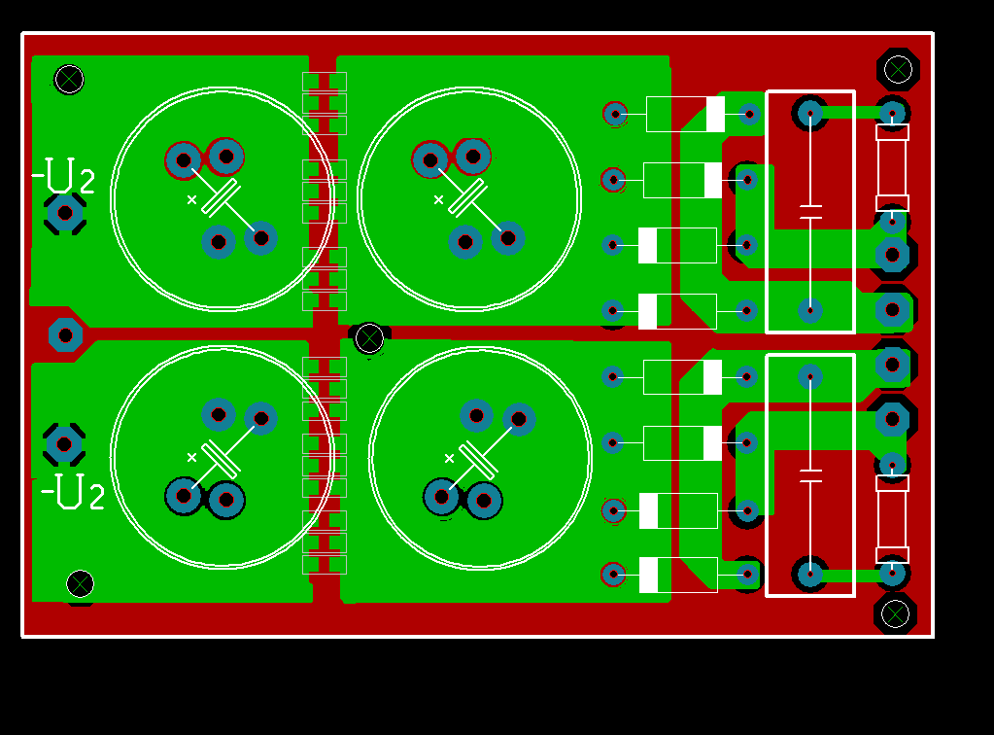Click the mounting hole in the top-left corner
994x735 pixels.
click(69, 79)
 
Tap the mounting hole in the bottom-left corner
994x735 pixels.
click(80, 583)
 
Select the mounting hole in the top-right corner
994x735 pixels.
click(898, 69)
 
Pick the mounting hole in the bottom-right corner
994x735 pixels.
click(895, 613)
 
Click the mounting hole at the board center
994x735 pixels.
click(369, 338)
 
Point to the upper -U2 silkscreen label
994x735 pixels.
click(64, 177)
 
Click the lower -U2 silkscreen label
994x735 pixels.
click(74, 492)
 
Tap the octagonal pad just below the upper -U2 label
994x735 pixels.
click(65, 212)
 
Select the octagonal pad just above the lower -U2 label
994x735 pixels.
click(64, 444)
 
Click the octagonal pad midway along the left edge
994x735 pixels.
click(65, 335)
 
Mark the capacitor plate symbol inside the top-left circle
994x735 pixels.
click(221, 197)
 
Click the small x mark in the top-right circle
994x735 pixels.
click(438, 200)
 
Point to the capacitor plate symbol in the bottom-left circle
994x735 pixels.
click(222, 458)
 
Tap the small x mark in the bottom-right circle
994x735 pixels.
click(449, 458)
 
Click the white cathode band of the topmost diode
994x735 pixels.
click(715, 114)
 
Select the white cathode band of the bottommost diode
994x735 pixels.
click(648, 575)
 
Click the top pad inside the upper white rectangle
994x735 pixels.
click(810, 114)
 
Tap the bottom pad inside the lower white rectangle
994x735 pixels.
click(810, 574)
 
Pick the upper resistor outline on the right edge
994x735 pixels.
click(892, 167)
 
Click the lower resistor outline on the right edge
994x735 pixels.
click(892, 518)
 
